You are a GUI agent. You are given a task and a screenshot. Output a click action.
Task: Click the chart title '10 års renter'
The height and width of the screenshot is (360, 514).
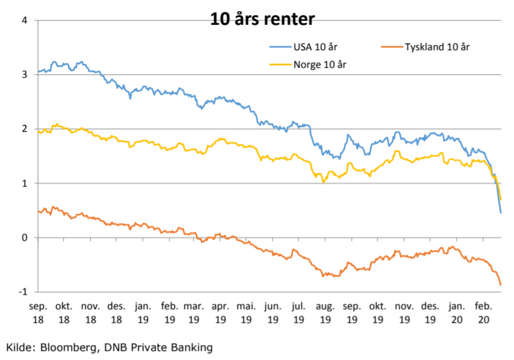coord(262,19)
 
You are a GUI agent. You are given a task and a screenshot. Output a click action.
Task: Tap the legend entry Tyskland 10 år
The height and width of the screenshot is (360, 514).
coord(437,47)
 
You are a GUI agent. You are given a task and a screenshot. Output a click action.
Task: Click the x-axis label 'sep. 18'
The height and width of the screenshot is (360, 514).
coord(38,312)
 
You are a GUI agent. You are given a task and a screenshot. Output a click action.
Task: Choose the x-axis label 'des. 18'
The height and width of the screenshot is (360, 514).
coord(116,312)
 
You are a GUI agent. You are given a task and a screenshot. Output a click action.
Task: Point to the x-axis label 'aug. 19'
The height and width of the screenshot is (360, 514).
coord(325,312)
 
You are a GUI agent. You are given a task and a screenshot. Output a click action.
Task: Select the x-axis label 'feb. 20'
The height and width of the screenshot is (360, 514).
coord(482,312)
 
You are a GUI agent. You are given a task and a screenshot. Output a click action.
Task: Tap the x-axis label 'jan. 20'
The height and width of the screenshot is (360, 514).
coord(456,312)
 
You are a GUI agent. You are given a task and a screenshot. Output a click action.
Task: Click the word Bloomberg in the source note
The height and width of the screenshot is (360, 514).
coord(70,347)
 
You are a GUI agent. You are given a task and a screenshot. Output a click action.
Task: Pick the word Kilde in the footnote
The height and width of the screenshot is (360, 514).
coord(20,347)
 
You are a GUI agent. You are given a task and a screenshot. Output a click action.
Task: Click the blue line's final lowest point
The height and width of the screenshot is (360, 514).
coord(500,213)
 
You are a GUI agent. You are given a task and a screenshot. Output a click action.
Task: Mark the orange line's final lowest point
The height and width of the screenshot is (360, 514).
coord(500,285)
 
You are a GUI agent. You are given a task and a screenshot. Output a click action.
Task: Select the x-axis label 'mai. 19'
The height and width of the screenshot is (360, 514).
coord(247,312)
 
